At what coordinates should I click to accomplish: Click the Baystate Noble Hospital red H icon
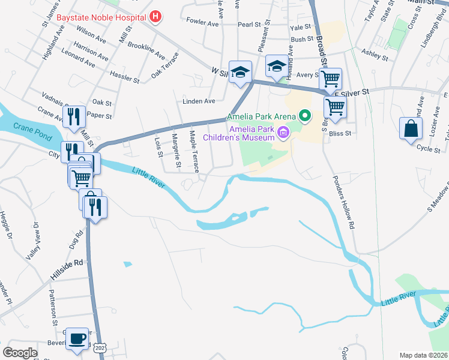coord(155,16)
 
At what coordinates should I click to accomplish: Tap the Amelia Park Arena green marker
coord(305,116)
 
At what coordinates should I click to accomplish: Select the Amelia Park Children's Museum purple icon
coord(280,128)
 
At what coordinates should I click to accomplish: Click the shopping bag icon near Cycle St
coord(411,128)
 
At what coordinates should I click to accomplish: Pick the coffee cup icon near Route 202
coord(77,338)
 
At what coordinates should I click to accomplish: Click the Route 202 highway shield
coord(100,347)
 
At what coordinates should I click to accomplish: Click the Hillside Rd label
coord(66,269)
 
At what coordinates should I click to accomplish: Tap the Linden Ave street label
coord(199,101)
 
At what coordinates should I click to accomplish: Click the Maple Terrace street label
coord(193,151)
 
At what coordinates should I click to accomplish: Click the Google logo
coord(20,352)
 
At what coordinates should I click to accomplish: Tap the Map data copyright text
coord(423,355)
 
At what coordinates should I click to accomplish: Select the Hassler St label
coord(125,77)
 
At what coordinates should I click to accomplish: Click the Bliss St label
coord(340,131)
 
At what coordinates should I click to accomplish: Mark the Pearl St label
coord(250,25)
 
